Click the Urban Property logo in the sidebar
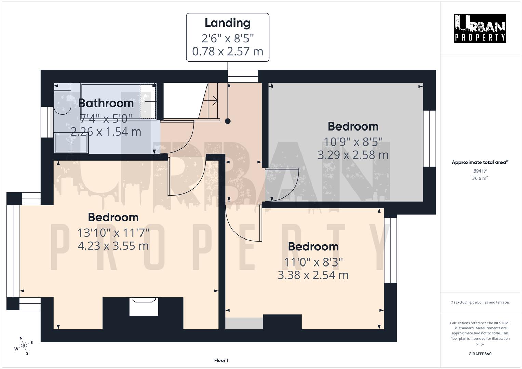click(x=480, y=28)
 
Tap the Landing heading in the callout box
click(x=227, y=23)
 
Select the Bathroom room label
click(x=106, y=103)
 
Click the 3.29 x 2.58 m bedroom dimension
click(x=353, y=155)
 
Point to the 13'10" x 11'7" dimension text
click(x=113, y=233)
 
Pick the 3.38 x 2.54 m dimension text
click(x=313, y=275)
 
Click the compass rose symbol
click(x=24, y=346)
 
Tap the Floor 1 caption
click(x=221, y=360)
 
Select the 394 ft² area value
click(x=480, y=171)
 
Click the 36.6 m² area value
click(x=480, y=178)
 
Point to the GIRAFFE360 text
click(x=480, y=354)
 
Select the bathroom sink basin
click(x=71, y=143)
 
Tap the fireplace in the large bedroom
click(x=144, y=306)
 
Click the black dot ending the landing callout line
click(x=228, y=121)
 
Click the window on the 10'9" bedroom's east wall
click(x=429, y=138)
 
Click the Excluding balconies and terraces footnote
click(x=480, y=302)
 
